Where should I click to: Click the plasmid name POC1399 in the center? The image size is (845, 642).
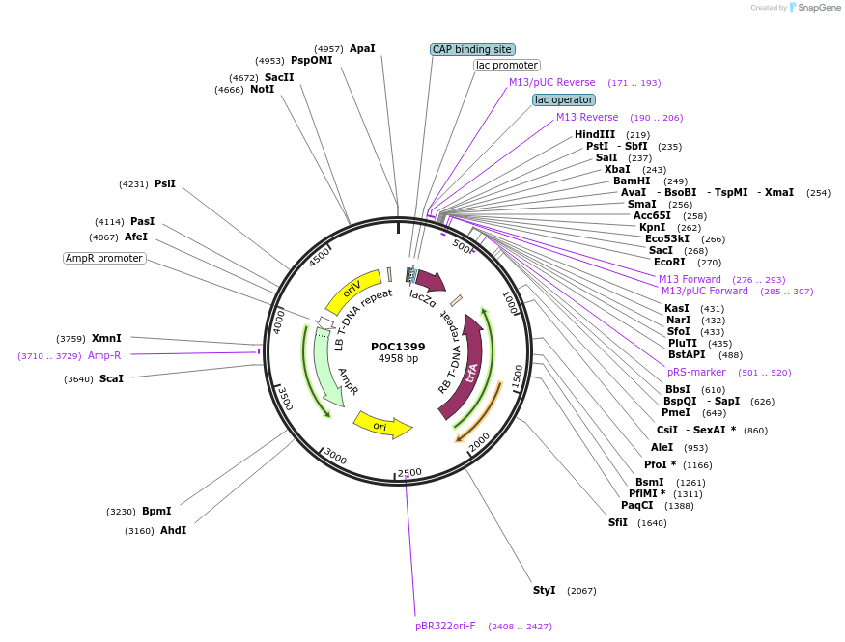point(397,346)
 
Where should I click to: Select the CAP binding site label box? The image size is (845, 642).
point(472,49)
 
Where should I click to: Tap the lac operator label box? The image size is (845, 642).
point(564,99)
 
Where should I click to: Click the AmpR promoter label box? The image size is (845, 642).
point(104,258)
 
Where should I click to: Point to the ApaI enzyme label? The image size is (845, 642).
point(362,48)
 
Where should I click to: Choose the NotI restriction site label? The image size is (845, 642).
point(262,90)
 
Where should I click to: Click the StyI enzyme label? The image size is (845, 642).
point(544,590)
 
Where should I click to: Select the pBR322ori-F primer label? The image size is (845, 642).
point(445,626)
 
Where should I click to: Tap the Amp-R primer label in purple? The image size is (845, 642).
point(104,355)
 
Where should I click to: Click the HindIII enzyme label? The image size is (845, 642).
point(595,134)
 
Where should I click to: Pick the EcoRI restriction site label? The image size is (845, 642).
point(668,262)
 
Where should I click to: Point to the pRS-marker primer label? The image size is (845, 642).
point(696,372)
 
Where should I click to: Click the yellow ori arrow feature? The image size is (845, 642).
point(382,425)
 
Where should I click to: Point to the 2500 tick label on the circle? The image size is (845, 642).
point(410,472)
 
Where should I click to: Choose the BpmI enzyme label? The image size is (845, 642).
point(156,511)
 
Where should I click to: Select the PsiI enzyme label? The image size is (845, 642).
point(165,183)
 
